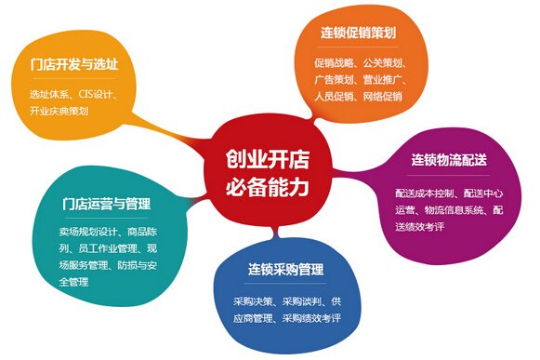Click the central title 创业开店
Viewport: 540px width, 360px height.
point(268,159)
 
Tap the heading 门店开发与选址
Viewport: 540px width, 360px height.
point(74,64)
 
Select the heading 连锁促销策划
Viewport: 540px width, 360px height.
point(358,33)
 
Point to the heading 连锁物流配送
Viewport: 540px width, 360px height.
point(449,160)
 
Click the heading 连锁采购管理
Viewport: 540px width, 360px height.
point(286,270)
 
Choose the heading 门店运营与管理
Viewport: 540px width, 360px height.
point(106,204)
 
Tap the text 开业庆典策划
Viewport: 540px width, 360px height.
point(59,111)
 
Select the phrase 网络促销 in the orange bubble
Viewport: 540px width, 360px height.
point(383,96)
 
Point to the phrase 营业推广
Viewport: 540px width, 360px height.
point(383,80)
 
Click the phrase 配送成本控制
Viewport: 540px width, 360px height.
point(424,193)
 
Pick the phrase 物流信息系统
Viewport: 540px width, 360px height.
point(454,210)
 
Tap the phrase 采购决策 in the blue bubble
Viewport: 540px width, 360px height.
point(253,301)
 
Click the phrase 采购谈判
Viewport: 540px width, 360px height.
point(302,301)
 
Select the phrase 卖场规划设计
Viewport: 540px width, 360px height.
point(88,232)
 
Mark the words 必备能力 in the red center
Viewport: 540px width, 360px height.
point(268,187)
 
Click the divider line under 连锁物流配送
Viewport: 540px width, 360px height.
point(448,175)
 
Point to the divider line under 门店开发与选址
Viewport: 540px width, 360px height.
point(74,79)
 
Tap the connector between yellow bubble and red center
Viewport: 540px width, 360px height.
point(170,130)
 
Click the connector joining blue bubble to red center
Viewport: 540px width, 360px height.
point(275,232)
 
